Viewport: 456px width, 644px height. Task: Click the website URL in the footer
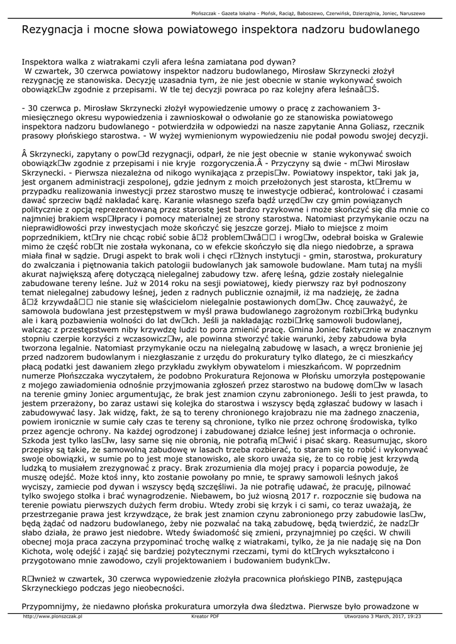tap(53, 617)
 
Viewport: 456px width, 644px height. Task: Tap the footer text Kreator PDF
tap(205, 617)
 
